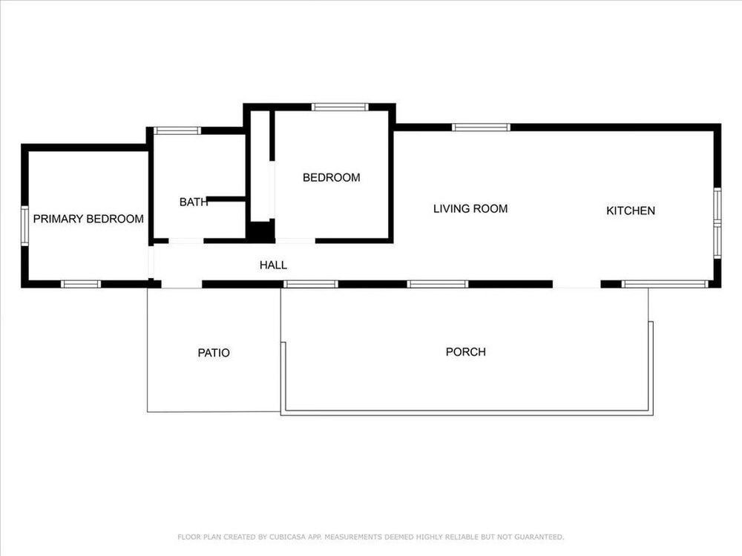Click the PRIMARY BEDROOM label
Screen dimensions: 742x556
pos(88,219)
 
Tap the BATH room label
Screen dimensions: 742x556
pos(194,202)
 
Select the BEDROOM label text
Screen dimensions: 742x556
pos(331,177)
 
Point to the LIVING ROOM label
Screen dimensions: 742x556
pos(470,208)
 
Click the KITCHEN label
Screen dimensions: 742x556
pos(631,211)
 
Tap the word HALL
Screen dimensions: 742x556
pos(273,265)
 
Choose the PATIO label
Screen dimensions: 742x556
pos(214,353)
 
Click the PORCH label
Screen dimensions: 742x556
pos(466,351)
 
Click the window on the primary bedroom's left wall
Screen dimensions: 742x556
pos(24,225)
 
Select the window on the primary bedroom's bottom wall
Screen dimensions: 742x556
pos(81,284)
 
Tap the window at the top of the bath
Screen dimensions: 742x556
pos(177,130)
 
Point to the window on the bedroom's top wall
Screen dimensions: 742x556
pos(340,107)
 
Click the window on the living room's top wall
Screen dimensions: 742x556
pos(482,128)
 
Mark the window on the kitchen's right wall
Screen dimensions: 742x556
pos(718,223)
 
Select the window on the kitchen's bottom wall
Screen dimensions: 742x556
pos(665,284)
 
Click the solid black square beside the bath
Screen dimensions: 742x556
pos(260,231)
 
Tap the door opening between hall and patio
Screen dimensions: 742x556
pos(182,284)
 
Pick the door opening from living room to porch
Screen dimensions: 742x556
pos(577,284)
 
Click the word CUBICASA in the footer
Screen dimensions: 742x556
pos(287,537)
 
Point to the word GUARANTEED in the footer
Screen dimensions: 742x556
pos(539,537)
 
